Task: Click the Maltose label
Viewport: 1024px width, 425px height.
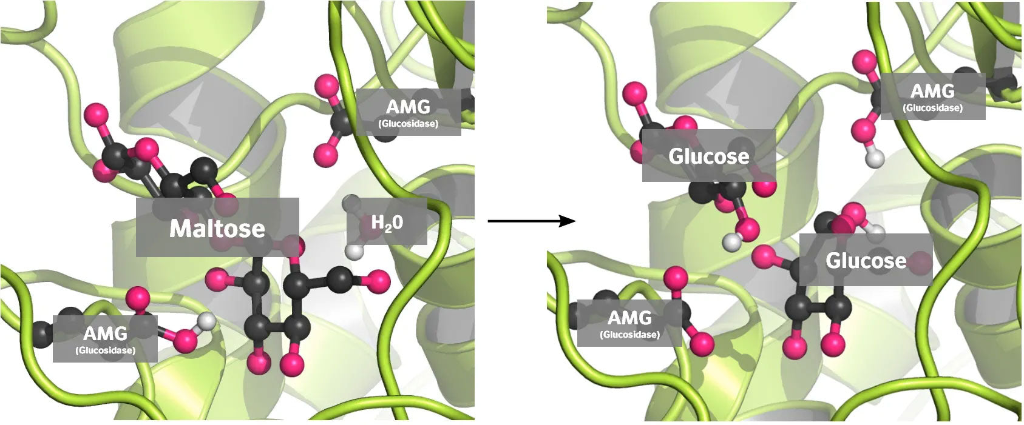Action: (x=217, y=227)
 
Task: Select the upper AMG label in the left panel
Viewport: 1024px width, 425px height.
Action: (x=408, y=112)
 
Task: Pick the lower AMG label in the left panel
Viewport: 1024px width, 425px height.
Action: (x=105, y=338)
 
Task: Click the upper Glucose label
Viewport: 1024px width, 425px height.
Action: (x=708, y=156)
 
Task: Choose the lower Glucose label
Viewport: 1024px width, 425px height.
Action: (x=866, y=260)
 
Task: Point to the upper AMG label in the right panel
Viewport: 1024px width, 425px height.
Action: (x=932, y=96)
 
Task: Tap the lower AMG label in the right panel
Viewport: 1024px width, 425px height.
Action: (x=629, y=323)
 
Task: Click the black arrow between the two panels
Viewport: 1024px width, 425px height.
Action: (x=531, y=221)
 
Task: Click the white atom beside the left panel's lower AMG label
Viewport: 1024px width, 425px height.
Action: (x=207, y=320)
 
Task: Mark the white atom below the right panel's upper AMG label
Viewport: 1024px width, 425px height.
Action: (x=875, y=159)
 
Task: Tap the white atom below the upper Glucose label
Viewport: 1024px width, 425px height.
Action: (x=733, y=242)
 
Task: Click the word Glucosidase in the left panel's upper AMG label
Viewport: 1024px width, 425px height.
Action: (x=408, y=124)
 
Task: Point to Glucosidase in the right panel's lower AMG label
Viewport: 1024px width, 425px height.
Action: (x=629, y=334)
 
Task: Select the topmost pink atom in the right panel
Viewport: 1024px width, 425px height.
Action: (x=864, y=61)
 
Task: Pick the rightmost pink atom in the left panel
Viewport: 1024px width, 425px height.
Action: (x=379, y=282)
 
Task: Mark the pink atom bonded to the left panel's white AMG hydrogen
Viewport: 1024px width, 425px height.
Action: (x=185, y=341)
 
